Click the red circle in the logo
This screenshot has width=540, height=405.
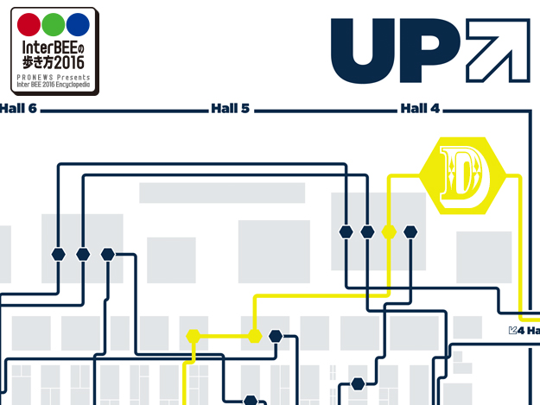30,25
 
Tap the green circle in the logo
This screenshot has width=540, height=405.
54,25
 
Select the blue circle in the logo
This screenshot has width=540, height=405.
78,25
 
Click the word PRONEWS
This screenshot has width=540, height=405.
34,77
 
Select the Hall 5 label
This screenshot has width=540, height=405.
230,110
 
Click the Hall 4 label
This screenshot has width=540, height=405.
420,110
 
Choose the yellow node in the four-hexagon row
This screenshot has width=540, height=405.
389,231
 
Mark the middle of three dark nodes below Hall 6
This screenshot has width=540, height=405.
83,254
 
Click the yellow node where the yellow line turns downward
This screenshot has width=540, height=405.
193,336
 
